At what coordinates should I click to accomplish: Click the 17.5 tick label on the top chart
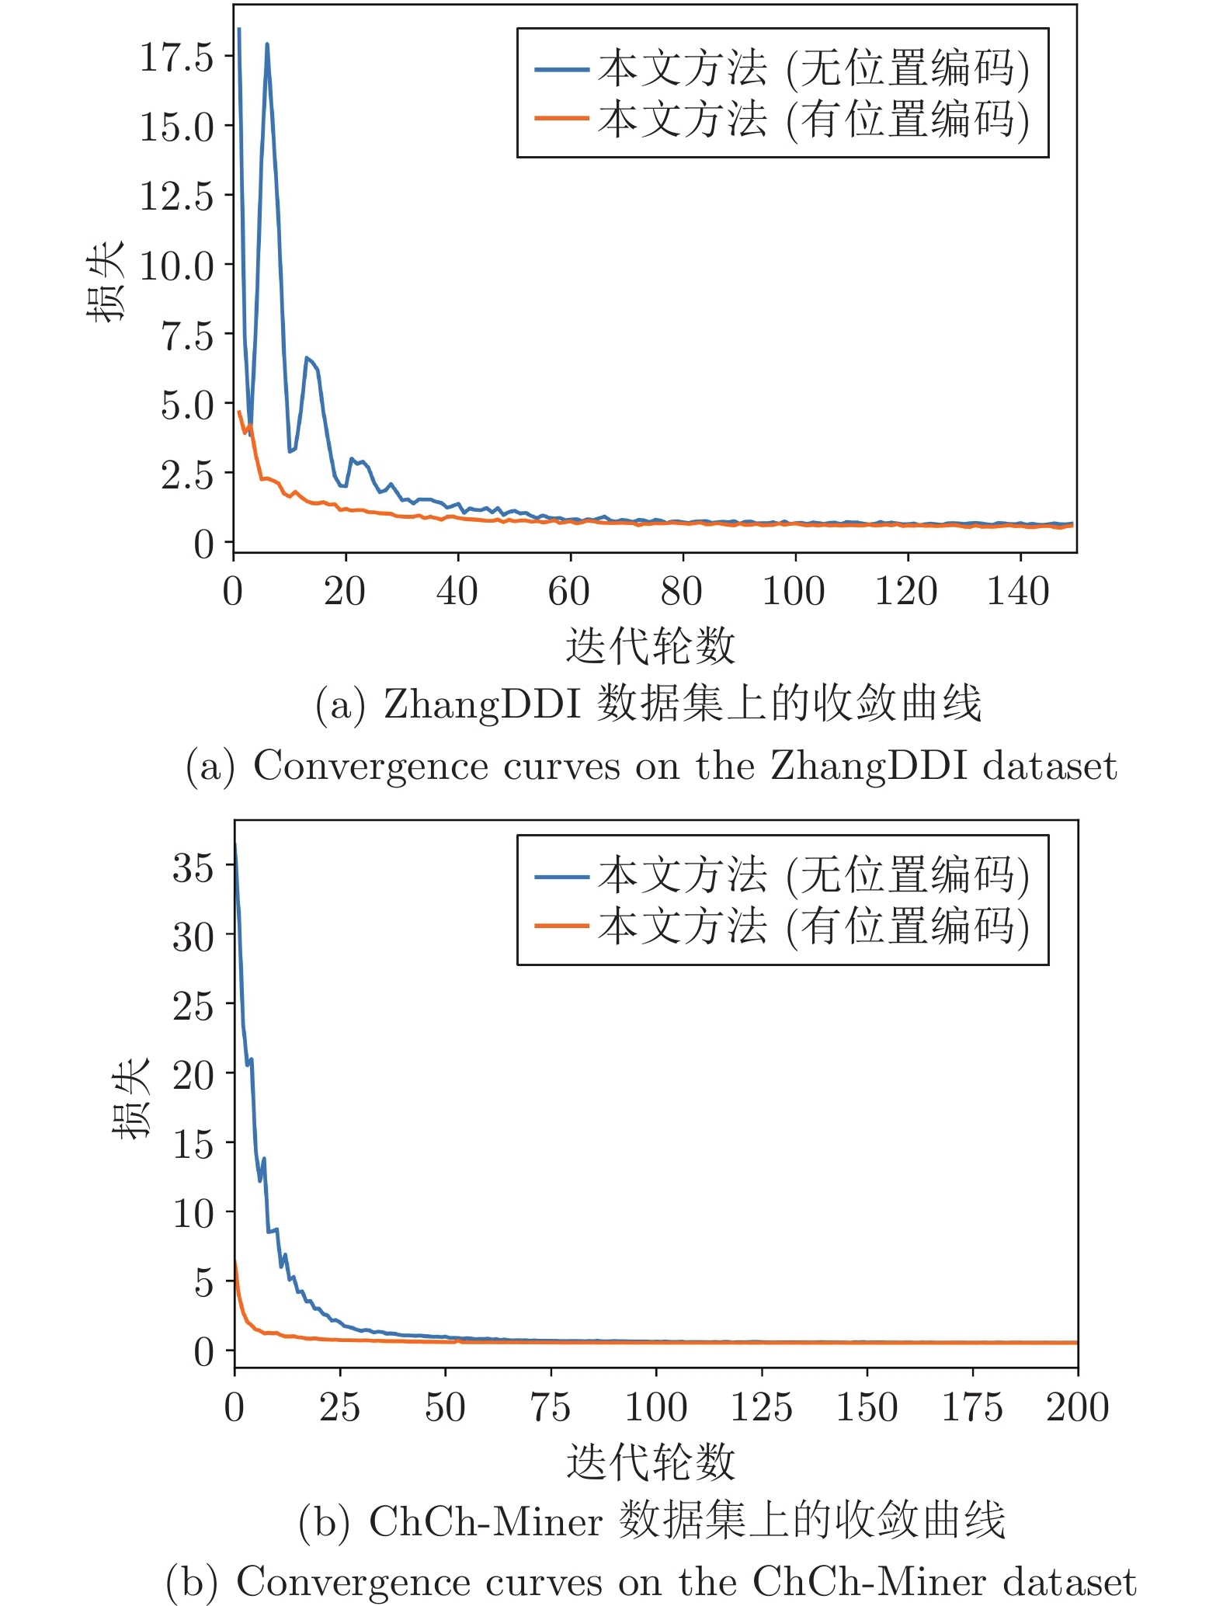click(175, 57)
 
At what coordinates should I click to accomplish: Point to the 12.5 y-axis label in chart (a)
click(175, 196)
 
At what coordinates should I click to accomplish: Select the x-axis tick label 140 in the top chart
click(1018, 592)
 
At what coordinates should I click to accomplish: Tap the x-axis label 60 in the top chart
click(569, 592)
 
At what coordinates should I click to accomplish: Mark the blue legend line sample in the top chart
click(561, 70)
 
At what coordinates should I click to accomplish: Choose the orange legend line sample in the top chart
click(561, 119)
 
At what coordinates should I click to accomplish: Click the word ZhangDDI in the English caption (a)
click(868, 766)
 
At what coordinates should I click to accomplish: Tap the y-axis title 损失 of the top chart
click(105, 280)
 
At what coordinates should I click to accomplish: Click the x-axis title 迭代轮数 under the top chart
click(650, 646)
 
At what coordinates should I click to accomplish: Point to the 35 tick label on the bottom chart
click(193, 867)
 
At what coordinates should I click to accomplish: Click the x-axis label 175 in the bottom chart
click(971, 1408)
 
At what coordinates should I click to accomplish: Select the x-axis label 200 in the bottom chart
click(1077, 1408)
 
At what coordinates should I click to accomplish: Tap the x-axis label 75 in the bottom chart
click(551, 1408)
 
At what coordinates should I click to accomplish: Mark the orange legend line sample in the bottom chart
click(561, 926)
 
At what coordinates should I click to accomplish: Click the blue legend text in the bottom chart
click(813, 875)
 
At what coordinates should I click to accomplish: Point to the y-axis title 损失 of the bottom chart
click(130, 1098)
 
